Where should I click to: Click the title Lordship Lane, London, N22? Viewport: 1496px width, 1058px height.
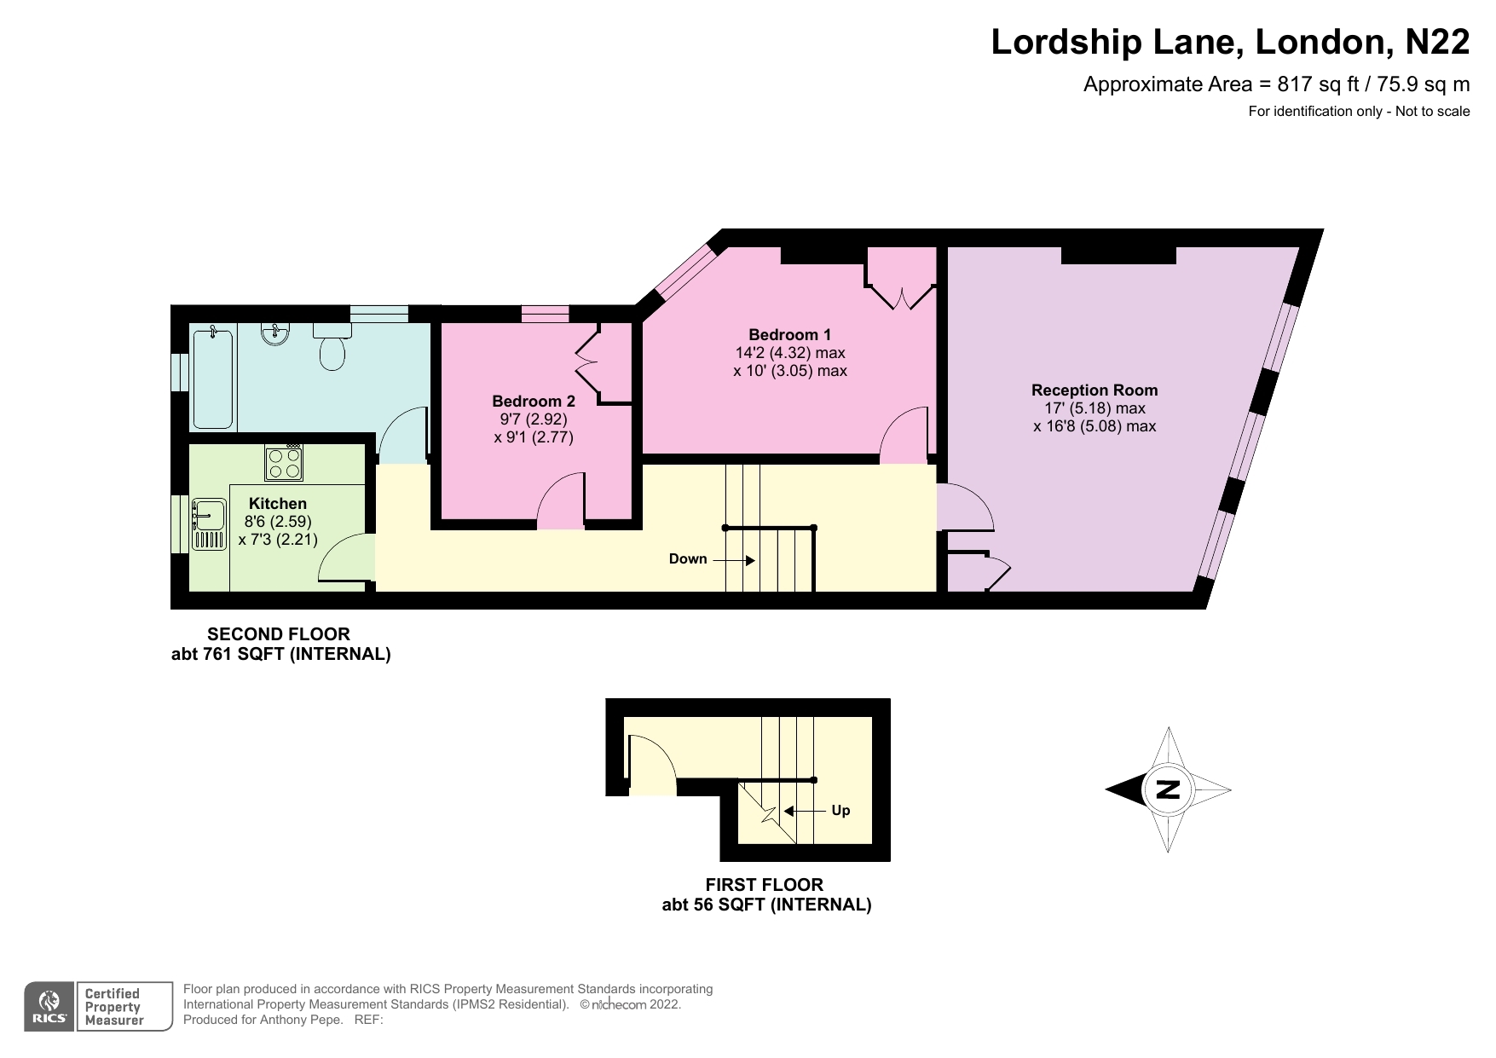coord(1229,43)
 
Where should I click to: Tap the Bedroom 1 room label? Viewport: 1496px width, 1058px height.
coord(789,335)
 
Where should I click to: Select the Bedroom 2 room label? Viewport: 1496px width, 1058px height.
coord(534,402)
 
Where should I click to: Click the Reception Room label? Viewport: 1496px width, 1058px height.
coord(1095,390)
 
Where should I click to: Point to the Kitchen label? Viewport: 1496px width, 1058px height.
coord(278,504)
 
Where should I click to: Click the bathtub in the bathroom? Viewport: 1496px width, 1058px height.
coord(212,379)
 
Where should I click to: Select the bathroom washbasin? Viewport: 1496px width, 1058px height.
coord(274,334)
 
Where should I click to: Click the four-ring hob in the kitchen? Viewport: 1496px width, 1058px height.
coord(285,463)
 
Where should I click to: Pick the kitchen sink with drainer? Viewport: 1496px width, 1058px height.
coord(207,523)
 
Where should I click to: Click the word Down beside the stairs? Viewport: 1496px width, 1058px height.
coord(688,559)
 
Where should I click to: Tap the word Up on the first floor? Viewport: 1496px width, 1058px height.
coord(840,811)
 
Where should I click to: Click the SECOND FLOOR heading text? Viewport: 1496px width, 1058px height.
coord(279,634)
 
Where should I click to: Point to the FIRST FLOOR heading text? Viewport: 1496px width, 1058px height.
coord(765,885)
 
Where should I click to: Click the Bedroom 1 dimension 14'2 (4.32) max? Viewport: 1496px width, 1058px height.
coord(789,353)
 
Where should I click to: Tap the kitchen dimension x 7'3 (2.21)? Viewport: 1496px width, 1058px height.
coord(278,540)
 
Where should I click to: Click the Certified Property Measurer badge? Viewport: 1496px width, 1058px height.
coord(113,1007)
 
